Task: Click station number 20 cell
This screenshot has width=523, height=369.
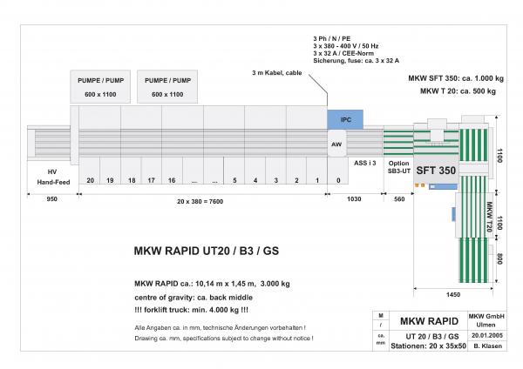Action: [x=90, y=180]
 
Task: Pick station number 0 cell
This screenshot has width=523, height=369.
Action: [x=337, y=180]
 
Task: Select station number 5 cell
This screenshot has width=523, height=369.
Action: [x=234, y=180]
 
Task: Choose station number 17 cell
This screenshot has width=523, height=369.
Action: [x=152, y=180]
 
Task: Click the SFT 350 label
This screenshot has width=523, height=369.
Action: [x=435, y=171]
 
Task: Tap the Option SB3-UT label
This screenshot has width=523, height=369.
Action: [x=398, y=167]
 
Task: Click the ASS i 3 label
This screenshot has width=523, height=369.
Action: [x=364, y=163]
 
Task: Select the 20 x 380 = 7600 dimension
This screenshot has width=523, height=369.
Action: [x=200, y=200]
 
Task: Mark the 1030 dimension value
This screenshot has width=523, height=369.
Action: [x=354, y=200]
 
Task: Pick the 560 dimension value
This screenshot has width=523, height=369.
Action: [x=399, y=200]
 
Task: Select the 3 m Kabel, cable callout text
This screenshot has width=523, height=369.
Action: [x=278, y=72]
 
